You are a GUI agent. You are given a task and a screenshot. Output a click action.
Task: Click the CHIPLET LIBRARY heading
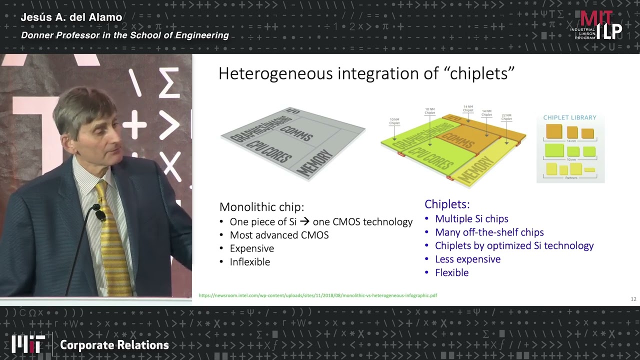point(569,117)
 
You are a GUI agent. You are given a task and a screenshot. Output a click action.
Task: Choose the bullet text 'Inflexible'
point(249,262)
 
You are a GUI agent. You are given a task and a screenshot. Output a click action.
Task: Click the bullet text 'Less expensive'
point(467,259)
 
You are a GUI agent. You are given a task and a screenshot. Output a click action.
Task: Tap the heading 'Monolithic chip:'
point(261,207)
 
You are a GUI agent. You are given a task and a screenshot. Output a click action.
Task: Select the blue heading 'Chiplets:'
point(447,204)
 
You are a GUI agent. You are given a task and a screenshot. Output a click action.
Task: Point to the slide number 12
point(633,299)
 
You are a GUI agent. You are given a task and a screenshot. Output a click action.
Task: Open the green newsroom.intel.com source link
point(317,295)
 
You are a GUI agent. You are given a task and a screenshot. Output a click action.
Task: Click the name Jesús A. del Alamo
point(71,17)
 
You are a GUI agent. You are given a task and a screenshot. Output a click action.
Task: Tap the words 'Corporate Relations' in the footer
point(114,345)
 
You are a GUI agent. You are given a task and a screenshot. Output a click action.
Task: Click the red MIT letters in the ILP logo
point(596,18)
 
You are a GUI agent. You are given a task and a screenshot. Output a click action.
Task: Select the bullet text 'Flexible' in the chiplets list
point(451,272)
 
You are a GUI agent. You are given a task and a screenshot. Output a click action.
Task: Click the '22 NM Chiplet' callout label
point(506,116)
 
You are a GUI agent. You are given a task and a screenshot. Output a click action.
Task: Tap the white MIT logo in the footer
point(28,344)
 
